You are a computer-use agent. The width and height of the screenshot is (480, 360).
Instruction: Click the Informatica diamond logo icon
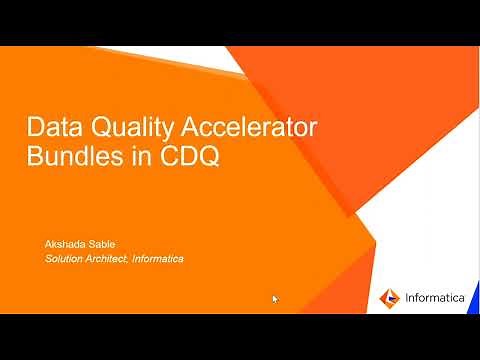tap(391, 297)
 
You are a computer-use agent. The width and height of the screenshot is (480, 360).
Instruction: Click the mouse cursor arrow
tap(275, 298)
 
